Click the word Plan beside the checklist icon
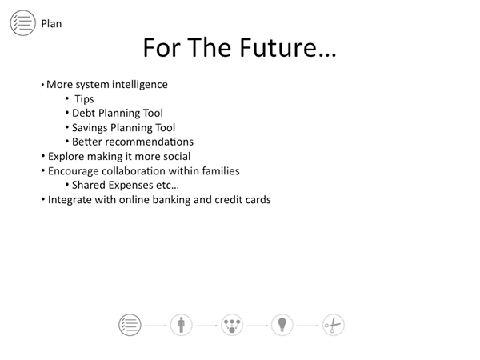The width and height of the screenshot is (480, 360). [51, 23]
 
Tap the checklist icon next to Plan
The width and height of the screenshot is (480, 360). [23, 23]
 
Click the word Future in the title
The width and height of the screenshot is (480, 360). [277, 48]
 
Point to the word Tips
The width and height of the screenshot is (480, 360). [84, 99]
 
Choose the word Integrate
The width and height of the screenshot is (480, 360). [70, 199]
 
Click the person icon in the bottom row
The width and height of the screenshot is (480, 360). [182, 325]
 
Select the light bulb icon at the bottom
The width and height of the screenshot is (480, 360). [282, 325]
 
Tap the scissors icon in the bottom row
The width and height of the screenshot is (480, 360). [334, 325]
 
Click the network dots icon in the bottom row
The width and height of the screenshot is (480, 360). [232, 325]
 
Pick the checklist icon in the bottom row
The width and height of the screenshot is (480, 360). [130, 325]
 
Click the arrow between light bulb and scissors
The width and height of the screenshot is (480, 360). [308, 326]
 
